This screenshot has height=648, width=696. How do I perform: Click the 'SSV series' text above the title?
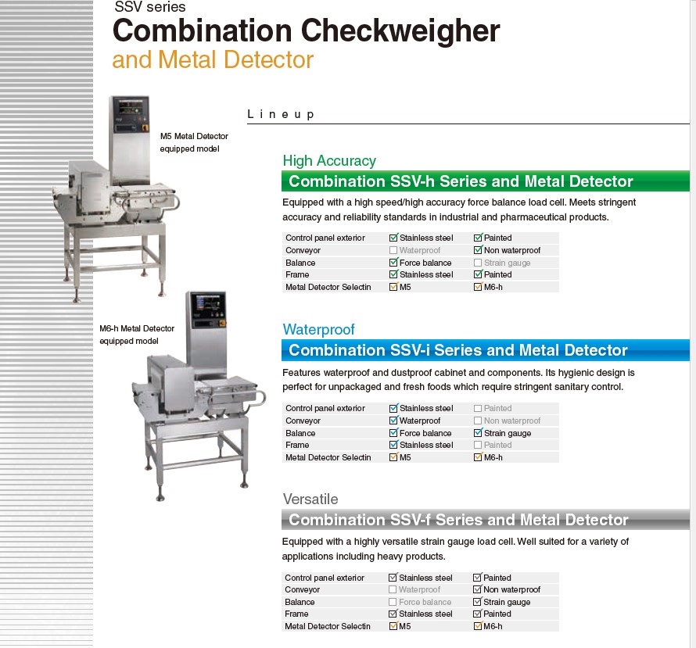[x=149, y=8]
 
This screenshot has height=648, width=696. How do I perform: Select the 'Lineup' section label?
[x=281, y=114]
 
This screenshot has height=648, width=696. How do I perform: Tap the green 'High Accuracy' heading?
[x=329, y=161]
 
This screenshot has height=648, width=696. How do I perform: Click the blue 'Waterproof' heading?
[x=318, y=330]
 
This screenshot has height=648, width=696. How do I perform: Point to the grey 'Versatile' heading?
[x=310, y=499]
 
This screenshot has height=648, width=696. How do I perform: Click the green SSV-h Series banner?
[x=485, y=181]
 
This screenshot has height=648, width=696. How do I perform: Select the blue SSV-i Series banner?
[x=485, y=350]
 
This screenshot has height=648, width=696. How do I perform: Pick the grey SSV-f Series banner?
[x=485, y=520]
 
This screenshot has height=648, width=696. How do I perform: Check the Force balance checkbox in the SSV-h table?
[x=393, y=263]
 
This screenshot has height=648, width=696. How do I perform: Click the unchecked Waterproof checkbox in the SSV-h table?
[x=393, y=250]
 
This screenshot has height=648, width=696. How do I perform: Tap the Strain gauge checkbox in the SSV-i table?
[x=478, y=433]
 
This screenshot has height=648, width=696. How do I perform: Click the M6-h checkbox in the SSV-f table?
[x=478, y=626]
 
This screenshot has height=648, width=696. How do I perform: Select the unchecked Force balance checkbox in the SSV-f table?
[x=393, y=602]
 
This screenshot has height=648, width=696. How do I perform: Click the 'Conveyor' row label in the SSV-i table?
[x=303, y=421]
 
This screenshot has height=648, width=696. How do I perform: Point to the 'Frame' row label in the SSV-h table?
[x=297, y=274]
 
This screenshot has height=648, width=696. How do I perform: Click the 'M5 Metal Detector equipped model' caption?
[x=194, y=142]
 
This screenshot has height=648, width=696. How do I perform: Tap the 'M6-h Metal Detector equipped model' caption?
[x=137, y=335]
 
